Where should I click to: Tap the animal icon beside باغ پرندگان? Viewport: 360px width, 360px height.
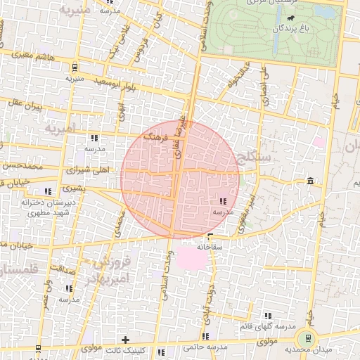[x=311, y=18]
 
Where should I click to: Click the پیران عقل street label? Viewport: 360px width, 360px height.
[x=27, y=105]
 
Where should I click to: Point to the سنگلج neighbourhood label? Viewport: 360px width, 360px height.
[x=255, y=160]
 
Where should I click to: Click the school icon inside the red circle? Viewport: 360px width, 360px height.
[x=223, y=202]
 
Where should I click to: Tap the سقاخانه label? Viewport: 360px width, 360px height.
[x=210, y=246]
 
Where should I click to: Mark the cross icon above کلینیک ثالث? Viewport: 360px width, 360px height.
[x=126, y=340]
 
